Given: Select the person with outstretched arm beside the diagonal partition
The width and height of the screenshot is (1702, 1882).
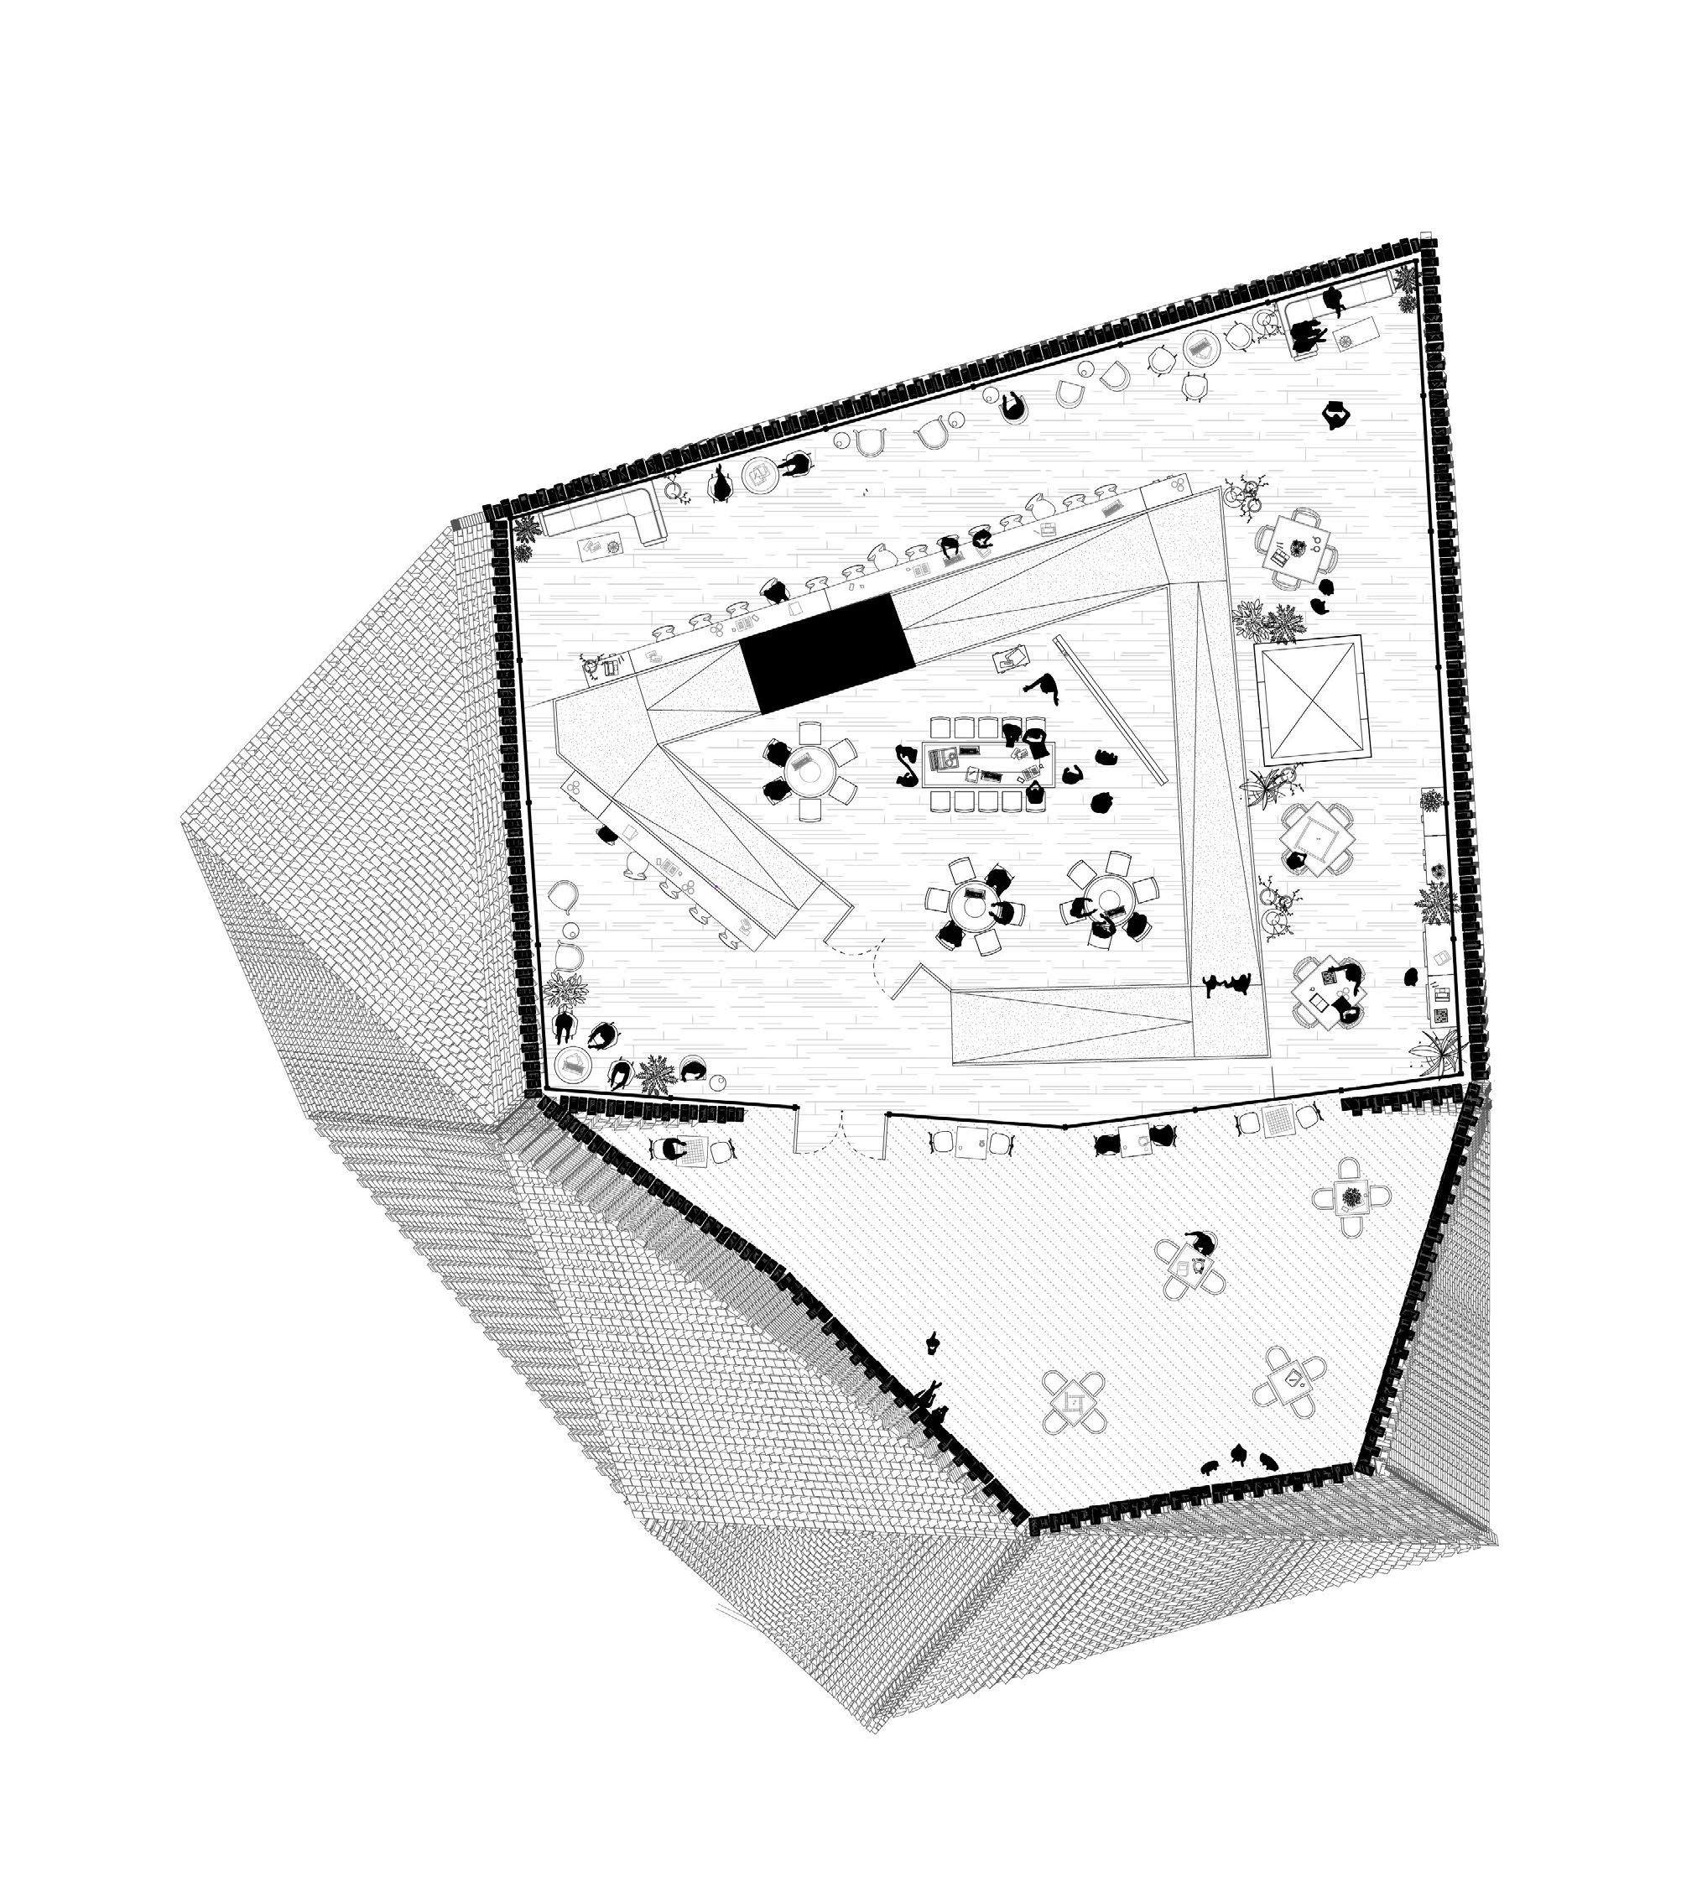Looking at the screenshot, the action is [x=1045, y=689].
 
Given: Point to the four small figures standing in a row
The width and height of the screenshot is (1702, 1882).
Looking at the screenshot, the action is [x=1227, y=983].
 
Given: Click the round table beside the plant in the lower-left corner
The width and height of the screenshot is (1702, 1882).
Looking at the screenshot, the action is [x=574, y=1063].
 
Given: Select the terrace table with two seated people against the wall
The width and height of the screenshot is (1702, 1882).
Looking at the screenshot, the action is [x=1135, y=1141].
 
